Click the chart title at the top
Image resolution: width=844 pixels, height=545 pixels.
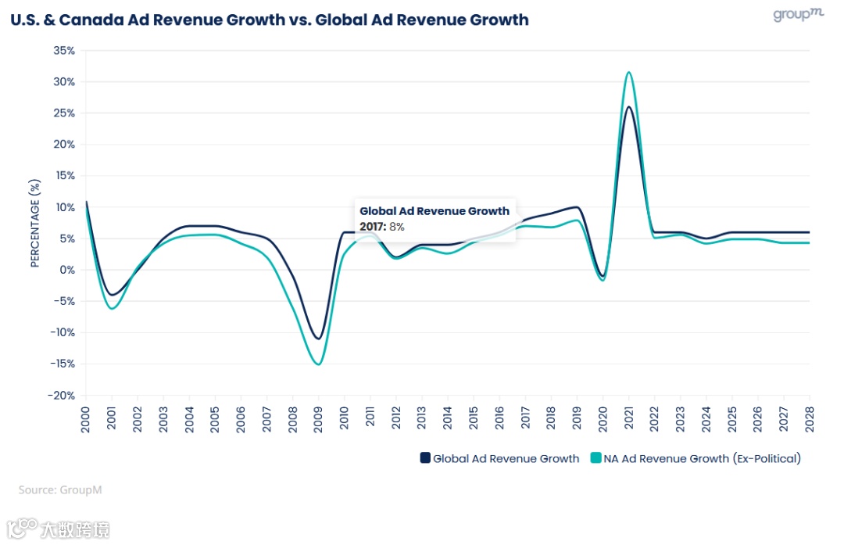pos(270,20)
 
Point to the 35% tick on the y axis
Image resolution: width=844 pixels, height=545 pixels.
pos(64,51)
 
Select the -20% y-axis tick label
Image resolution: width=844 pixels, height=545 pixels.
pos(61,395)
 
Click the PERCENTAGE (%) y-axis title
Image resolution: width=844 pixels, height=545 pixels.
pos(34,223)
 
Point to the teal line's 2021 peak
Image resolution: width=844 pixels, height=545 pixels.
pos(629,72)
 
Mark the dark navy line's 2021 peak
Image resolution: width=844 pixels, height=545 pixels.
pos(629,107)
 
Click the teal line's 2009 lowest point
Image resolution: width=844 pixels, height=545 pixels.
pos(319,364)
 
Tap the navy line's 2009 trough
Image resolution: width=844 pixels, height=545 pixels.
pos(319,339)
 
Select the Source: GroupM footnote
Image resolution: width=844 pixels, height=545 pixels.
pos(60,489)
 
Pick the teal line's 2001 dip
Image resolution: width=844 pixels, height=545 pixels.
pos(113,309)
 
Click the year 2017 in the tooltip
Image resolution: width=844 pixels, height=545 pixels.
pos(372,227)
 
